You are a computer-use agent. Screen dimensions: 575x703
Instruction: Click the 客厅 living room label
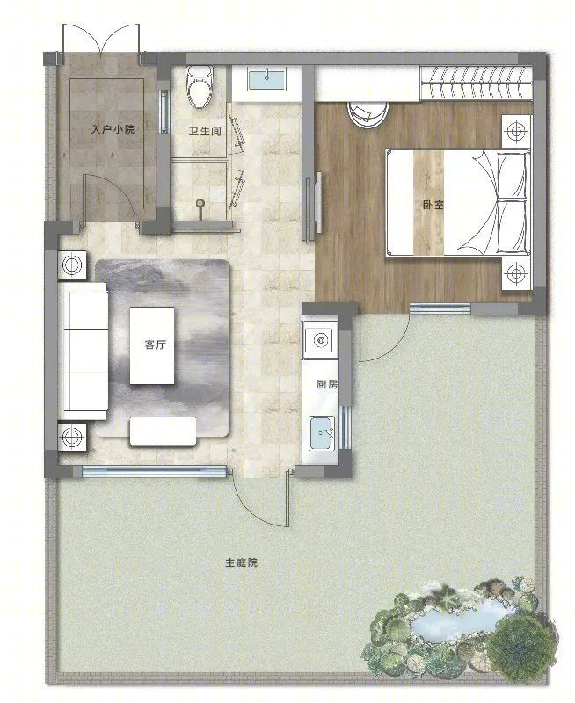(x=156, y=344)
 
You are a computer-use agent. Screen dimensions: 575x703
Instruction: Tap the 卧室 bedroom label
(x=433, y=205)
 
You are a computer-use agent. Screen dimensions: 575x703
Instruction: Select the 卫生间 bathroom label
(x=205, y=131)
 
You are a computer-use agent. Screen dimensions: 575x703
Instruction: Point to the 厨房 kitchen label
(x=327, y=384)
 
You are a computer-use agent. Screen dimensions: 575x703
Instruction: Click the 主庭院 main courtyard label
(x=241, y=562)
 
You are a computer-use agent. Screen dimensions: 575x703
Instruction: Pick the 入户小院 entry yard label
(x=113, y=129)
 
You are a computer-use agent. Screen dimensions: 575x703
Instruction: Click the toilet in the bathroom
(x=200, y=86)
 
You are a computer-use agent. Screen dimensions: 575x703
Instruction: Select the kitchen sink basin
(x=321, y=433)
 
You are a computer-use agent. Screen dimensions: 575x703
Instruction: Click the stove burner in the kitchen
(x=320, y=341)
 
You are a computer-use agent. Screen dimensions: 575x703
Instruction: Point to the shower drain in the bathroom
(x=200, y=204)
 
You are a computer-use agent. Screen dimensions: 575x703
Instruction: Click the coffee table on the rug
(x=152, y=345)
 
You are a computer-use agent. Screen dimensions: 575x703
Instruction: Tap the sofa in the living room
(x=84, y=351)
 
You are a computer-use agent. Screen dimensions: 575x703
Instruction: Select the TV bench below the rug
(x=164, y=431)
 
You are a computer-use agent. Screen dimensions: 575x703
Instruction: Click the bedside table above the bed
(x=516, y=131)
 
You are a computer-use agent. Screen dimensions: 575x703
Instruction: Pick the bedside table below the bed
(x=516, y=272)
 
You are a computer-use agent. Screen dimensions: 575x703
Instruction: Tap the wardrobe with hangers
(x=477, y=83)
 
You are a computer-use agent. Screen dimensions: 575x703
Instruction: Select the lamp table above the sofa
(x=72, y=265)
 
